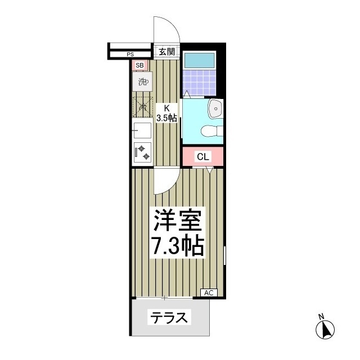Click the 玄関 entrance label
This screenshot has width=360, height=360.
[x=166, y=52]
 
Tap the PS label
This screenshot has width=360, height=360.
[x=130, y=55]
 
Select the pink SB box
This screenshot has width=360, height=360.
[x=140, y=65]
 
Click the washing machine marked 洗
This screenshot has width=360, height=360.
[x=142, y=82]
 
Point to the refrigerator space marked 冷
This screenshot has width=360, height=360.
[x=142, y=106]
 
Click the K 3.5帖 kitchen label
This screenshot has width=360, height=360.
[x=166, y=113]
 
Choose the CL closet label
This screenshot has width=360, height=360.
[x=202, y=157]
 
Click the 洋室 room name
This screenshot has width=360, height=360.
[x=177, y=221]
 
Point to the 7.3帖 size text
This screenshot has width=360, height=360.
[x=177, y=246]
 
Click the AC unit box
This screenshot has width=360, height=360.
[x=208, y=292]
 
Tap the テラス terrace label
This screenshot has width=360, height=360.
[x=168, y=318]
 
